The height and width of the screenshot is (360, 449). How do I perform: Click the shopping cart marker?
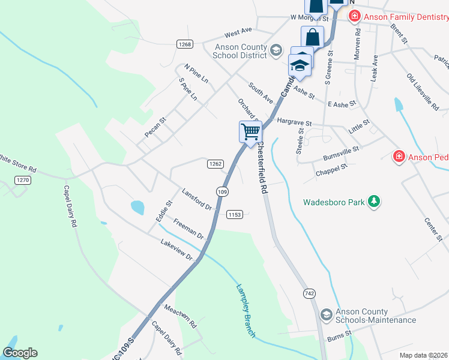pyautogui.click(x=250, y=131)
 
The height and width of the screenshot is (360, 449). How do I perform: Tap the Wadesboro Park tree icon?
pyautogui.click(x=375, y=201)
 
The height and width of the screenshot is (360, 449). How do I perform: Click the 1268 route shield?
pyautogui.click(x=185, y=44)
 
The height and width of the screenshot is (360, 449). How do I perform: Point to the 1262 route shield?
pyautogui.click(x=216, y=164)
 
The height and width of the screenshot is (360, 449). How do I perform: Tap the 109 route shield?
pyautogui.click(x=222, y=191)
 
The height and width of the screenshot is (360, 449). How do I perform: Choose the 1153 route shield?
pyautogui.click(x=234, y=214)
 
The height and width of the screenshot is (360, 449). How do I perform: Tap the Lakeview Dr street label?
pyautogui.click(x=176, y=250)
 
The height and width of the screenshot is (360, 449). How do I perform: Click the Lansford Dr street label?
pyautogui.click(x=197, y=199)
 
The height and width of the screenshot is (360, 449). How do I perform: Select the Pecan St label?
pyautogui.click(x=155, y=127)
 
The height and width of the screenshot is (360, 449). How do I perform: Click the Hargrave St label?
pyautogui.click(x=294, y=122)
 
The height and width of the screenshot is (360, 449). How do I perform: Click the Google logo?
pyautogui.click(x=20, y=352)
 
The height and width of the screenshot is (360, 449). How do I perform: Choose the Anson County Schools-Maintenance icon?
pyautogui.click(x=327, y=314)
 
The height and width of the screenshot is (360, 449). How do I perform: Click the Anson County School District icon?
pyautogui.click(x=276, y=50)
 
